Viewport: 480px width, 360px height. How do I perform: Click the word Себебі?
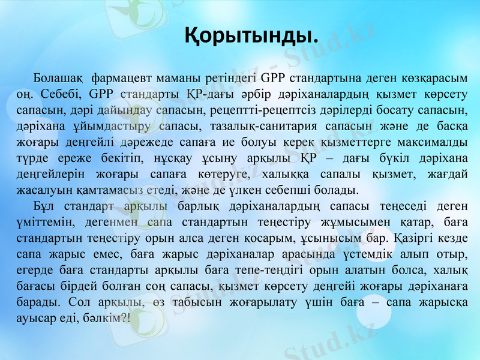coord(65,95)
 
